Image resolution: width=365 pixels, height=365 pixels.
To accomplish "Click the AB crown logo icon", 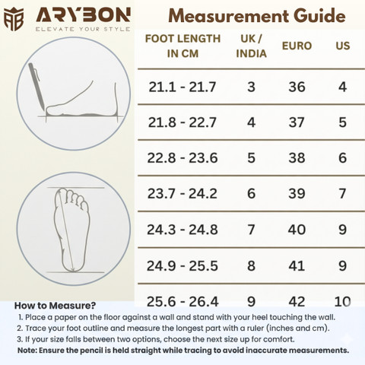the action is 14,19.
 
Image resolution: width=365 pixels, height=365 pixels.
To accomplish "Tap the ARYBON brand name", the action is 84,15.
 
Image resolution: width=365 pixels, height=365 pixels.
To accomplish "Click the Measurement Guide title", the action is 257,16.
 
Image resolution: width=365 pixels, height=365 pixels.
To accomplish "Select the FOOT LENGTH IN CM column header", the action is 182,46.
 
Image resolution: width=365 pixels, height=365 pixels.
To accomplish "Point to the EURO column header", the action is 297,46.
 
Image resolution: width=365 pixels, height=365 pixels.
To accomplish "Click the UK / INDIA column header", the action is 251,46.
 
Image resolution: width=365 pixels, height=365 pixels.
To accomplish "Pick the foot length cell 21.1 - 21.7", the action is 182,87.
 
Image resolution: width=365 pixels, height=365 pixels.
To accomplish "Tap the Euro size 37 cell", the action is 297,122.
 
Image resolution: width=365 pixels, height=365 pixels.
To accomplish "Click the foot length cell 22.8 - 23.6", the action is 182,158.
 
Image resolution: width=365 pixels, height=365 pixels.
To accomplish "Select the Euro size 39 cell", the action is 297,194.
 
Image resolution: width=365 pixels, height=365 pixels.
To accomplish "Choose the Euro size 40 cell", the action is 297,230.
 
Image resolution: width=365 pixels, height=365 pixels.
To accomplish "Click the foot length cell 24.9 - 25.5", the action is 182,266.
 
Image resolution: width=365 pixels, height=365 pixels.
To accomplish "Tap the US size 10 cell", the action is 342,302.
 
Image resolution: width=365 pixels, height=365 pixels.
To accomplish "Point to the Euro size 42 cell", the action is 297,302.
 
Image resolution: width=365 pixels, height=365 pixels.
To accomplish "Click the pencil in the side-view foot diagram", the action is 36,86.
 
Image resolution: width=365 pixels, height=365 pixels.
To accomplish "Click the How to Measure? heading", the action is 55,306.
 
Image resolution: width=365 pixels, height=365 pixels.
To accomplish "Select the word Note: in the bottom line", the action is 27,351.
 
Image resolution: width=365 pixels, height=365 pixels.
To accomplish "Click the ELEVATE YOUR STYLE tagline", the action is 83,29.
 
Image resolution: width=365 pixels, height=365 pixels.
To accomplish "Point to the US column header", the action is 343,46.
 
